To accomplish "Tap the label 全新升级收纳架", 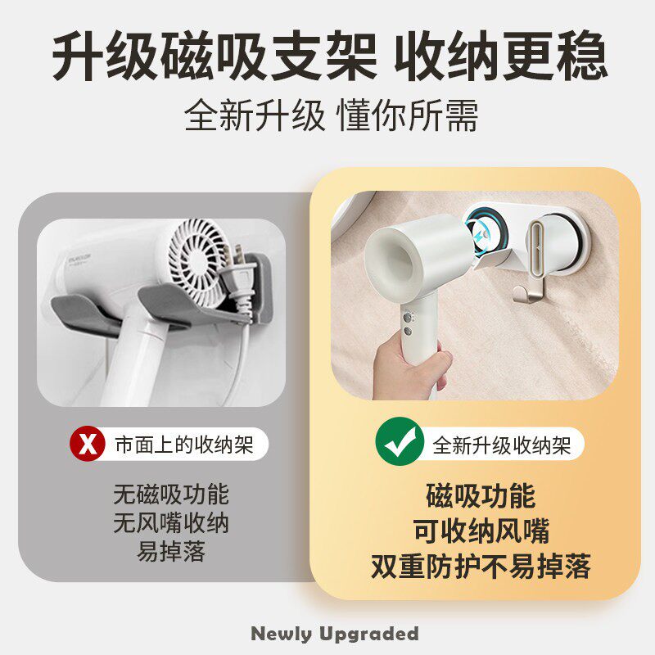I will coord(501,445).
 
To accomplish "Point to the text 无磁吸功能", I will coord(171,495).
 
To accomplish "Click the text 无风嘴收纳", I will coord(171,523).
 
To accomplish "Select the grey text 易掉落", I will coord(171,552).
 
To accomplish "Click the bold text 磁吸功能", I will coord(481,495).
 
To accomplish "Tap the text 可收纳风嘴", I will coord(481,531).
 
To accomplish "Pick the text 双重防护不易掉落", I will coord(481,567).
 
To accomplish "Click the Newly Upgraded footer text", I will coord(334,633).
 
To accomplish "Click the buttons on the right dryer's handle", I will coord(407,323).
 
